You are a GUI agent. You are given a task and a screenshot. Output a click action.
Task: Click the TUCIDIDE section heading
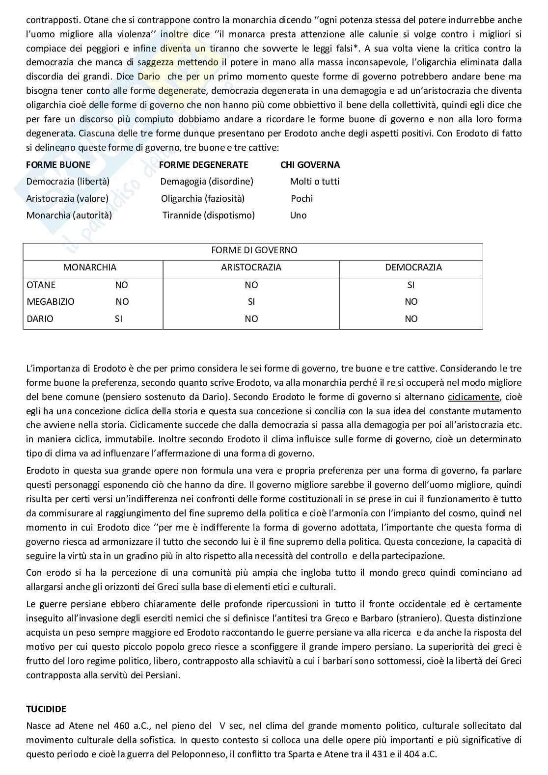tap(46, 709)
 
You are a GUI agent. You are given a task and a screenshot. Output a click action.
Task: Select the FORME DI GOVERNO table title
tap(254, 250)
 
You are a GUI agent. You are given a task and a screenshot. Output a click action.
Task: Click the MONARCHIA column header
tap(89, 267)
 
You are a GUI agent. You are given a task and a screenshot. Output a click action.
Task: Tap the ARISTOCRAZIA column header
tap(251, 267)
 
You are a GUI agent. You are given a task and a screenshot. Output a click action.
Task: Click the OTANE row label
tap(41, 285)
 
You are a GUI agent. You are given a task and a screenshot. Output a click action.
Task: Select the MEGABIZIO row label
tap(51, 302)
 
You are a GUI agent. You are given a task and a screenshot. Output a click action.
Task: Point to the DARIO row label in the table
tap(40, 319)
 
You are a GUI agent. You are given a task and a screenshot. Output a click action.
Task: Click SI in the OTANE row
tap(411, 285)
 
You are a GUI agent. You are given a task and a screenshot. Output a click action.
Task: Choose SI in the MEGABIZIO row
tap(251, 302)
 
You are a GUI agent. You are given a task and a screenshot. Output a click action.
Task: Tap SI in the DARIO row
tap(118, 319)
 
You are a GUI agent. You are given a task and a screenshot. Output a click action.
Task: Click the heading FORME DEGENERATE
tap(204, 165)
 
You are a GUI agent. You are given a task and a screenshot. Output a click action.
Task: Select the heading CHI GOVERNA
tap(310, 165)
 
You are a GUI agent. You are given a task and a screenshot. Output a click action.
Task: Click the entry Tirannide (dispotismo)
tap(209, 215)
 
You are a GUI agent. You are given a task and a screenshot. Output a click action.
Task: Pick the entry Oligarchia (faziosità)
tap(203, 199)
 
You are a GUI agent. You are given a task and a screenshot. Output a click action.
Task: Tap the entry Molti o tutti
tap(314, 182)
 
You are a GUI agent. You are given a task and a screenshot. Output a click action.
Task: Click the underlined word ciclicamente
tap(473, 397)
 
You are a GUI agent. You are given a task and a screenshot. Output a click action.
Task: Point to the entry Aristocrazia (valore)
tap(67, 199)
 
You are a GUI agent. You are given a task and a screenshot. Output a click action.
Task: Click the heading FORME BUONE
tap(58, 165)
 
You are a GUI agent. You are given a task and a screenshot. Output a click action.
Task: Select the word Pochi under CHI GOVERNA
tap(301, 199)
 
